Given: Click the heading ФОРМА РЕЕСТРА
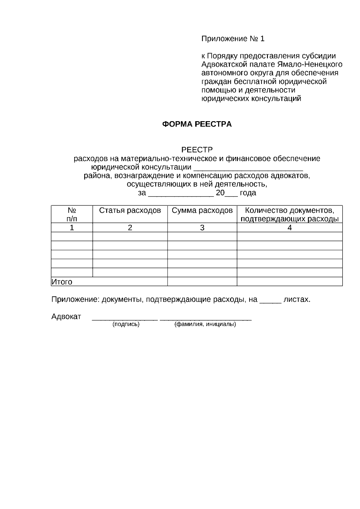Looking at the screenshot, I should tap(197, 124).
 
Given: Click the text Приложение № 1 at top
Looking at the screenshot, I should tap(233, 39).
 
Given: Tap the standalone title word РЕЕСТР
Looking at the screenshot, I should tap(197, 150).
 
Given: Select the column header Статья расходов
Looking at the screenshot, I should tap(130, 211).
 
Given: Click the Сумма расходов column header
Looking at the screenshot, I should tap(202, 211).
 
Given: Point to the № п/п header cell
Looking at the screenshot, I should tap(72, 214).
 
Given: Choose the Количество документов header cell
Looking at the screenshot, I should tap(289, 214).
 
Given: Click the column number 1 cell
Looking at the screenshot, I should tap(72, 228).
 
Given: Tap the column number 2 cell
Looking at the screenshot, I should tap(130, 228).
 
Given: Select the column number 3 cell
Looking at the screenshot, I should tap(202, 228).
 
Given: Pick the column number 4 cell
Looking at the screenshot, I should tap(289, 228).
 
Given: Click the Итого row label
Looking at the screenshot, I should tap(62, 282).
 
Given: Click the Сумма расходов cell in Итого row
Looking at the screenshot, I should tap(202, 282).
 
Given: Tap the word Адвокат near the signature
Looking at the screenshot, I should tap(66, 317).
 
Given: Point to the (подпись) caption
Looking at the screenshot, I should tap(126, 324).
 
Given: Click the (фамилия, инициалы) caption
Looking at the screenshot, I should tap(205, 324).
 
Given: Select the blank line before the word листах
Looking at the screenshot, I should tap(270, 301).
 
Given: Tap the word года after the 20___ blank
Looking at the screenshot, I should tap(248, 193).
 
